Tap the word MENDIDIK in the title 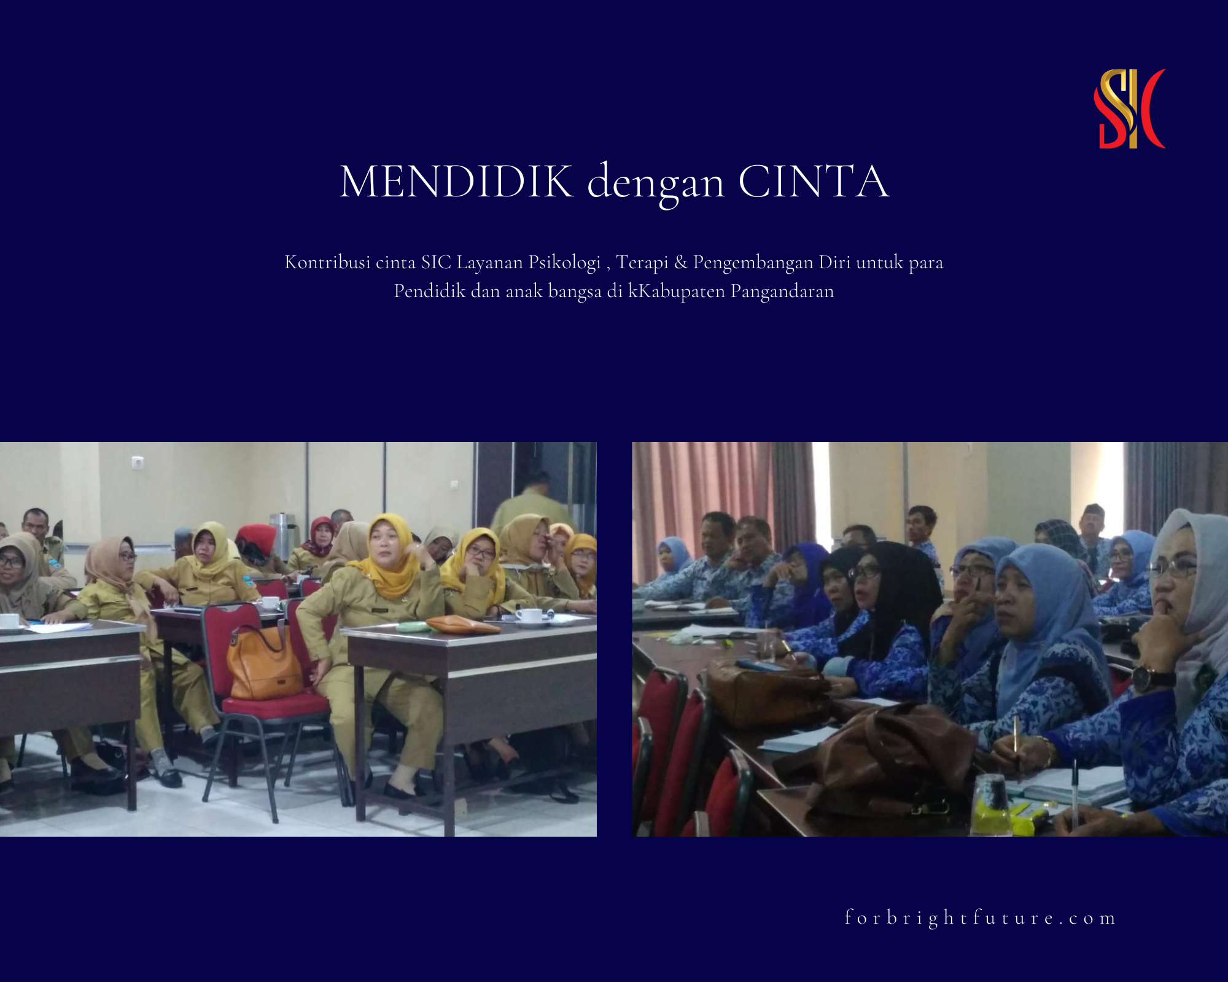pyautogui.click(x=457, y=182)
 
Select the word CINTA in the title pyautogui.click(x=814, y=182)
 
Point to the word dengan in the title pyautogui.click(x=656, y=184)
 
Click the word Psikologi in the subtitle pyautogui.click(x=565, y=263)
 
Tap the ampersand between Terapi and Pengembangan pyautogui.click(x=680, y=263)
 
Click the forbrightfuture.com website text pyautogui.click(x=980, y=918)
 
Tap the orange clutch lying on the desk pyautogui.click(x=462, y=625)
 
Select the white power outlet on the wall pyautogui.click(x=138, y=462)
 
